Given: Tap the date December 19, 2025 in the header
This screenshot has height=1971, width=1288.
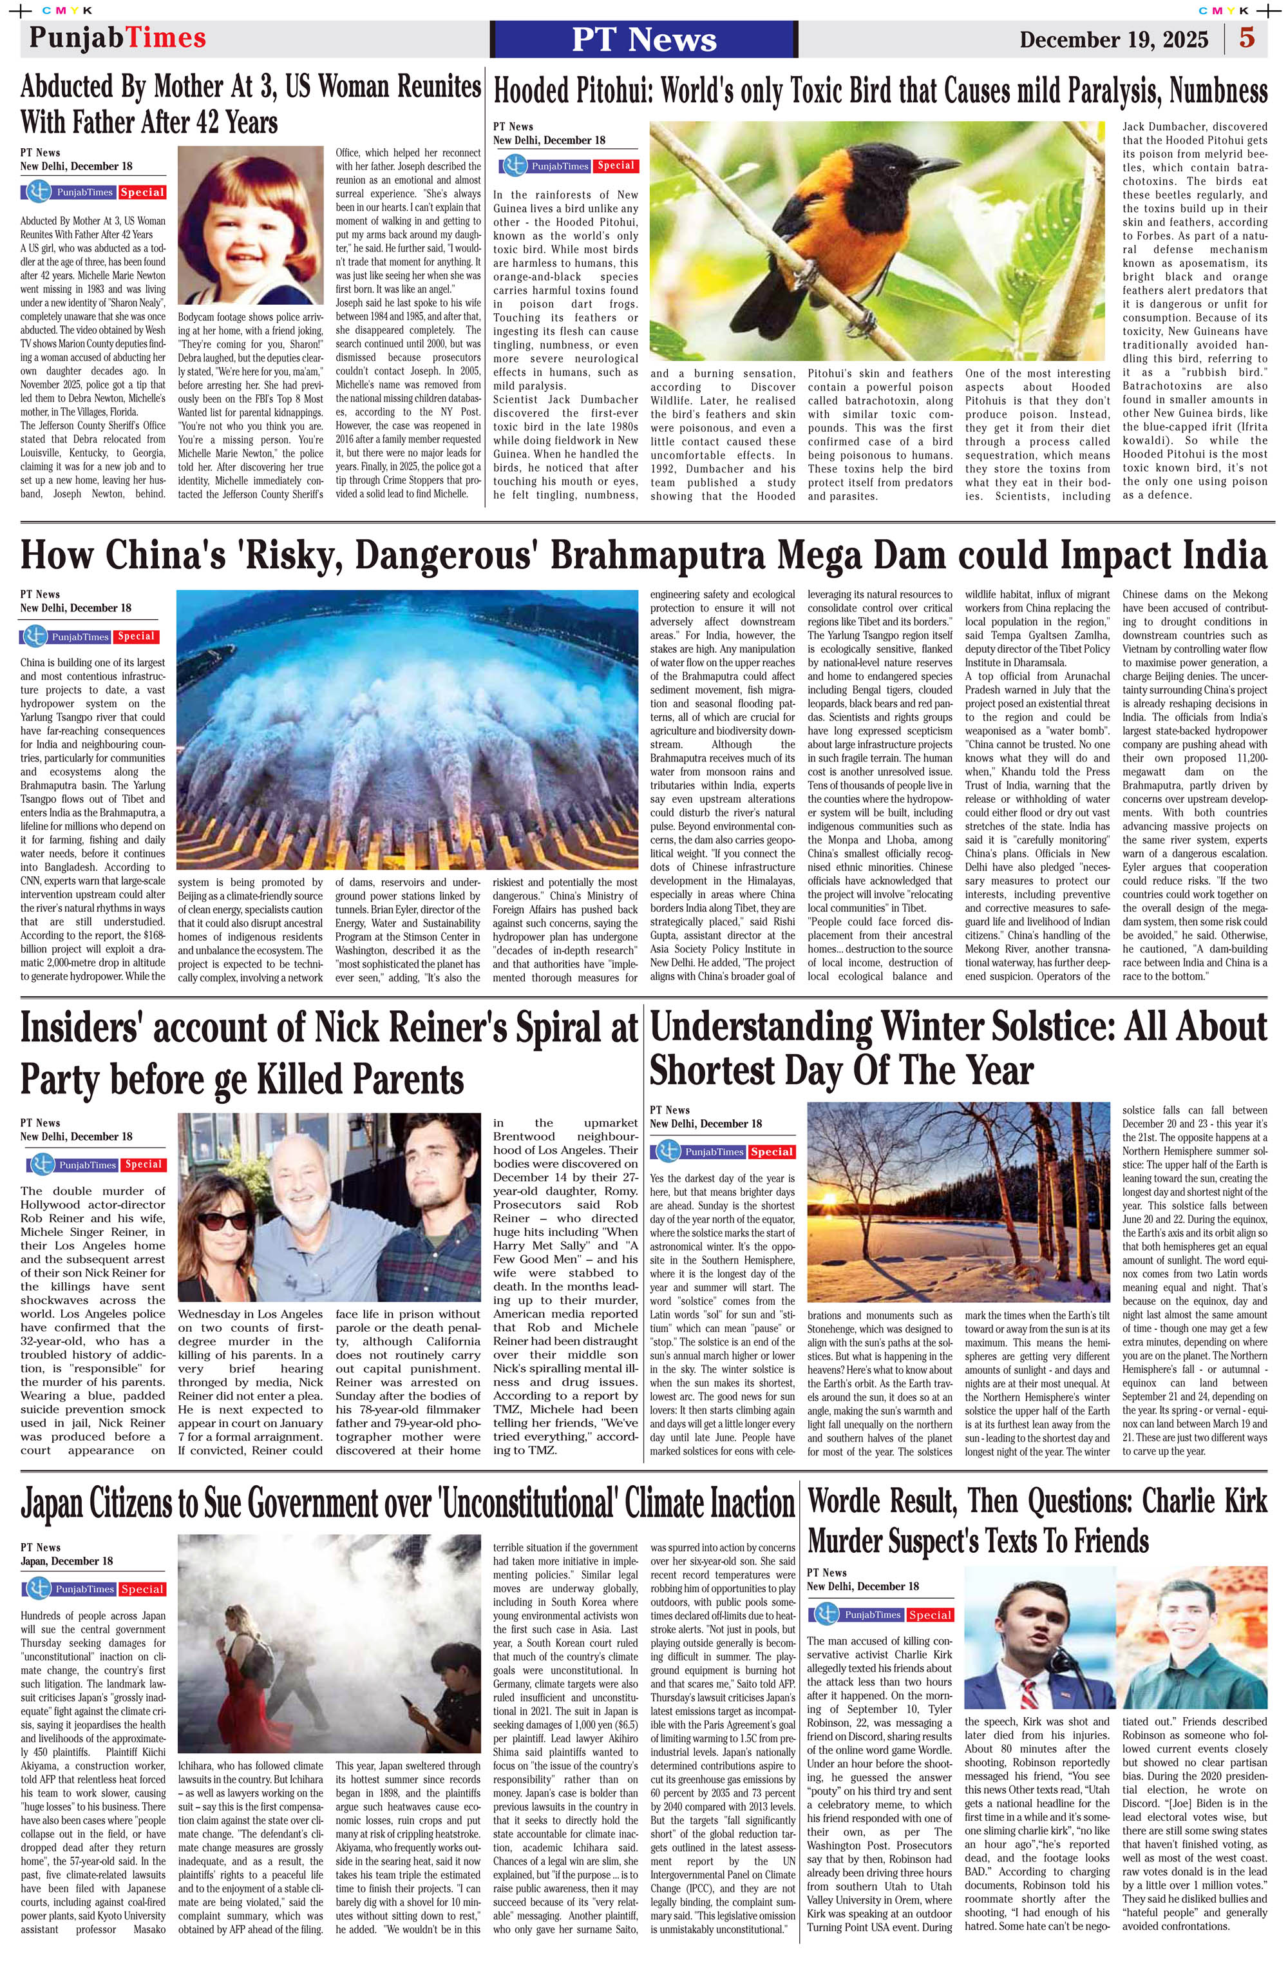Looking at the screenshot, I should click(x=1113, y=40).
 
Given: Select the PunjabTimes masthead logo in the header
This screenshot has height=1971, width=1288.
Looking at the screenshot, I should click(x=118, y=38).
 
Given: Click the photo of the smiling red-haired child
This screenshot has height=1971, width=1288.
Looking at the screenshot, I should click(x=250, y=224).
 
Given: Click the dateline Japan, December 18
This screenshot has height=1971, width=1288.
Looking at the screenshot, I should click(x=67, y=1561).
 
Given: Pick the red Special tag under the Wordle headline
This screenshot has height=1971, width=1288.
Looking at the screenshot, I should click(x=929, y=1615).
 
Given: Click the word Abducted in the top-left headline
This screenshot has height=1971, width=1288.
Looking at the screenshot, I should click(x=76, y=86).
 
